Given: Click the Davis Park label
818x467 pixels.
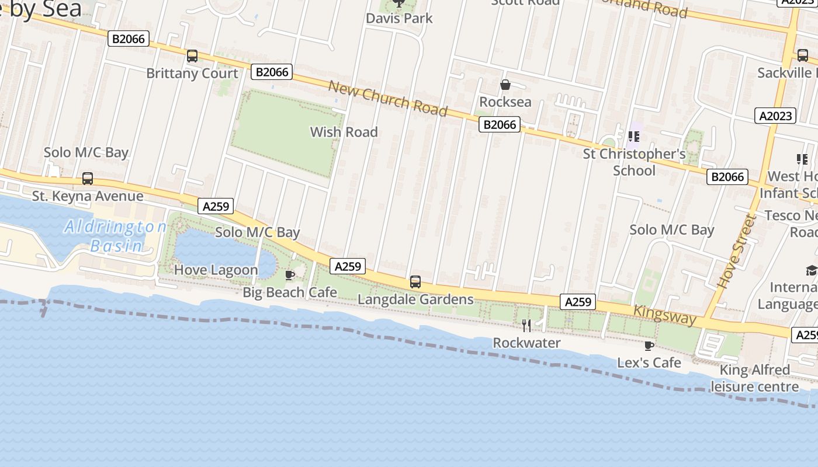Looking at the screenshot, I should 399,18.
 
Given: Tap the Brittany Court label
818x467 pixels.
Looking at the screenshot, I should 192,74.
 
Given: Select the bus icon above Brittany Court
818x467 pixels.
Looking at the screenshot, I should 192,56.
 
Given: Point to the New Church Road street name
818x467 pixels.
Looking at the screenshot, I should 388,98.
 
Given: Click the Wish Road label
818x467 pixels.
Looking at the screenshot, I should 344,132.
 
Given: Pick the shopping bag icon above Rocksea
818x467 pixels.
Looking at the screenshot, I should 505,85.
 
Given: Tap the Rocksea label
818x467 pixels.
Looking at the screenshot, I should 505,102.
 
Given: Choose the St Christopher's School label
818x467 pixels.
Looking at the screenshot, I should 634,162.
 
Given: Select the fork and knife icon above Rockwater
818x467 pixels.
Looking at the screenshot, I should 526,325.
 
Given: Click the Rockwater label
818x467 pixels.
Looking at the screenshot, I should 526,343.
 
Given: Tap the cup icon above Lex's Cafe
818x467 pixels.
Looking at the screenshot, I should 649,346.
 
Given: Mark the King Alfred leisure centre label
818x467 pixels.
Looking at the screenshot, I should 754,378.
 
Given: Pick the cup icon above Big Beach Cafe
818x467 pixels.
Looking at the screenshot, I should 289,275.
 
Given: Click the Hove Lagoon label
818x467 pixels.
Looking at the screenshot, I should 216,270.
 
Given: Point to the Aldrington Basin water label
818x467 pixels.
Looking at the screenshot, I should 116,236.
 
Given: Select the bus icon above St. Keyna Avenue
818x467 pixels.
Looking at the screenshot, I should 88,179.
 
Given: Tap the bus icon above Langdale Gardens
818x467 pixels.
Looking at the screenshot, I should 415,282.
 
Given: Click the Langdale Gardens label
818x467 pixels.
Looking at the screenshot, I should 415,299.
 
